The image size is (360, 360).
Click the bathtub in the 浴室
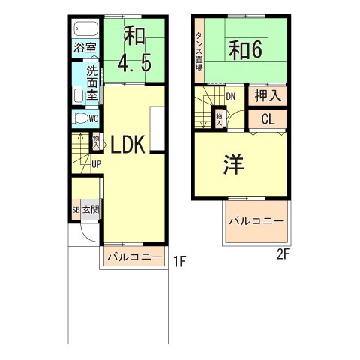point(86,28)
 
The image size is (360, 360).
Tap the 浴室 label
point(85,48)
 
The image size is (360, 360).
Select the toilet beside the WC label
point(79,118)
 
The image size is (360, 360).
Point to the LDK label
point(127,145)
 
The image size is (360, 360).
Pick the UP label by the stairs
point(96,164)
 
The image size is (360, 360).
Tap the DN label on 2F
point(231,97)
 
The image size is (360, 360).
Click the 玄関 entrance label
point(91,210)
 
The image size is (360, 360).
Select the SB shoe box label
point(76,210)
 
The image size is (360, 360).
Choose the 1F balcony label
point(135,257)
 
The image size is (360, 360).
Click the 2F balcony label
point(257,221)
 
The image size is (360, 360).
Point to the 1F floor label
point(180,262)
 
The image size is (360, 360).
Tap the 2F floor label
point(283,255)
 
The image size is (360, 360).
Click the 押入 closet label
point(268,95)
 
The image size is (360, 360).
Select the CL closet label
point(268,119)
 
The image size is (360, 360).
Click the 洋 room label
point(233,164)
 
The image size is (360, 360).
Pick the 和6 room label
point(246,50)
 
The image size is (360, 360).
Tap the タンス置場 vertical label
point(199,52)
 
